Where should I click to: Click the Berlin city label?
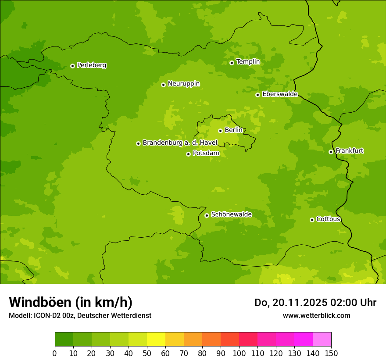click(233, 130)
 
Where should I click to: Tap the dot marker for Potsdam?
click(188, 154)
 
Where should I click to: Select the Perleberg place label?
click(91, 65)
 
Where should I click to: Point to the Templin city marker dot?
click(232, 63)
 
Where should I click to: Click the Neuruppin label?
click(183, 84)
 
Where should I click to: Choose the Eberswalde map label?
click(280, 94)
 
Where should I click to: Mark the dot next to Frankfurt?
click(331, 152)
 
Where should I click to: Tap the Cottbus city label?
click(328, 219)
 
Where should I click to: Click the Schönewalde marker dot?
click(207, 215)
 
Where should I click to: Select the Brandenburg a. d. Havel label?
click(180, 143)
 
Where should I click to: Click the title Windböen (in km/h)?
click(71, 302)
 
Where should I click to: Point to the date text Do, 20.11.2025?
click(291, 303)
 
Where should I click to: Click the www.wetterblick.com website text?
click(316, 315)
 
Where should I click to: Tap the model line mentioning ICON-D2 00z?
click(80, 315)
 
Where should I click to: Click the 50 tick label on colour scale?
click(147, 353)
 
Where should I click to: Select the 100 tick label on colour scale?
click(239, 353)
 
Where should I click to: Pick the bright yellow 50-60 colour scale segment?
click(156, 339)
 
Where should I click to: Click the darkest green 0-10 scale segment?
click(64, 339)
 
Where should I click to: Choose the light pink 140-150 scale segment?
click(322, 339)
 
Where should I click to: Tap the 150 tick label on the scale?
click(331, 353)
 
